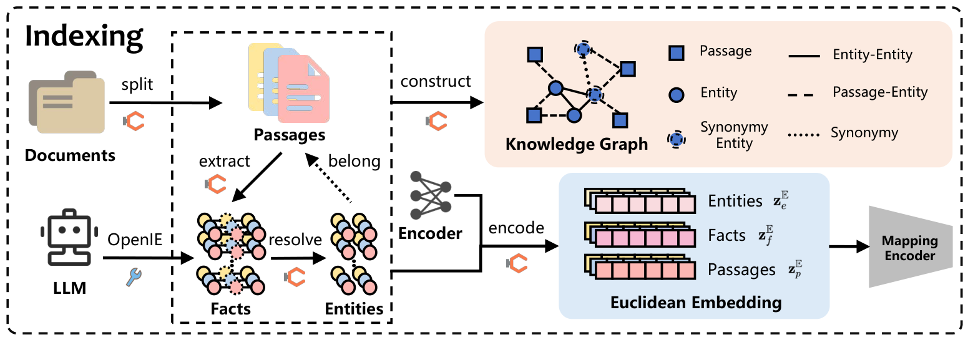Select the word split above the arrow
(137, 84)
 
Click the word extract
(224, 161)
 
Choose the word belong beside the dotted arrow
(354, 161)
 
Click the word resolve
(295, 239)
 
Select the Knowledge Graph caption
(576, 145)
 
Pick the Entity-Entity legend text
(872, 55)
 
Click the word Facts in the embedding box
(726, 235)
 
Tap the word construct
(436, 82)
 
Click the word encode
(517, 228)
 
